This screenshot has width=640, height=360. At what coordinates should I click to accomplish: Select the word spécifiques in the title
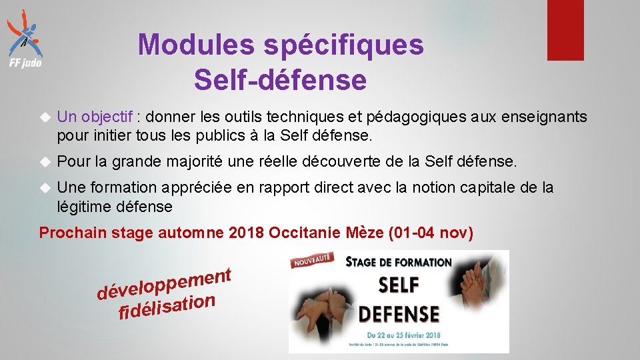coord(343,45)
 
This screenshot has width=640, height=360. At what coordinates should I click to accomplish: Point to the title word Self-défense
coord(280,80)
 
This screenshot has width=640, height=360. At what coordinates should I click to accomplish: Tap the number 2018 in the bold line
coord(246,233)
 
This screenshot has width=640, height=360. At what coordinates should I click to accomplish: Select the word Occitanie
coord(305,233)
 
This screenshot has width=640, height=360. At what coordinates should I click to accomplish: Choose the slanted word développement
coord(163,283)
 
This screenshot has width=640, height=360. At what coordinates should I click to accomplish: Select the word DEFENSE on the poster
coord(399,313)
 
